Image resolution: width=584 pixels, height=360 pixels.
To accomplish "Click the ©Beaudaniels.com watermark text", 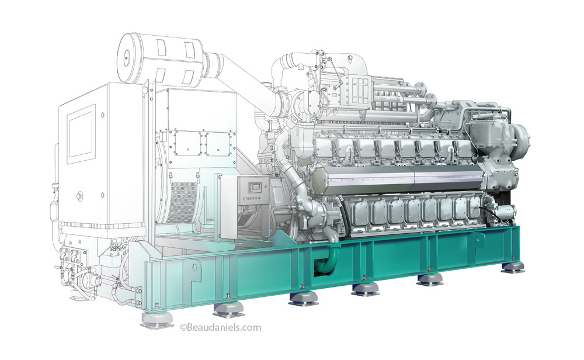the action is click(221, 328).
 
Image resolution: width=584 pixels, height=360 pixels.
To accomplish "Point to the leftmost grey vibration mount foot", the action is click(157, 318).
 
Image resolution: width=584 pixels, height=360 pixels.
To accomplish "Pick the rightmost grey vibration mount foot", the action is click(513, 267).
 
